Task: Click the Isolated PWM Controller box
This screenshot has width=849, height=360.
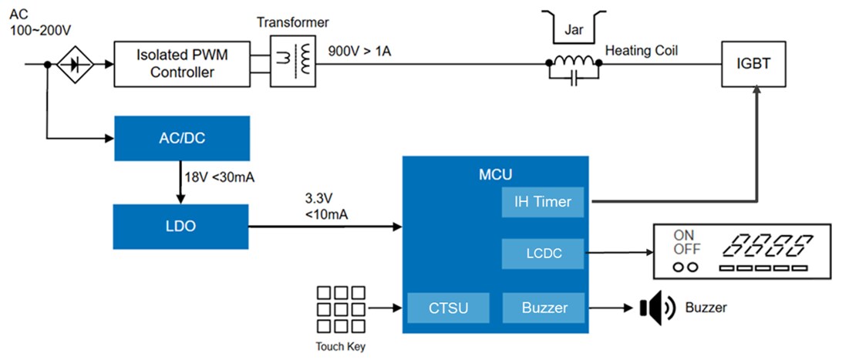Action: (x=182, y=64)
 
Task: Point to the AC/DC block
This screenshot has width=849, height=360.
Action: (x=182, y=138)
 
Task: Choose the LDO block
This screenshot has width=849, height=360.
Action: (x=182, y=227)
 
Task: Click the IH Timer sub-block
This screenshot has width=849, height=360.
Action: (x=543, y=202)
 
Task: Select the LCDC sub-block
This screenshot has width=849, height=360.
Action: (x=543, y=253)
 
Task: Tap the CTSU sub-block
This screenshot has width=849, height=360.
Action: (x=448, y=308)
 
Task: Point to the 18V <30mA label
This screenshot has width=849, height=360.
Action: (x=219, y=178)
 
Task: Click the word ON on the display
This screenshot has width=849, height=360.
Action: (x=684, y=235)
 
